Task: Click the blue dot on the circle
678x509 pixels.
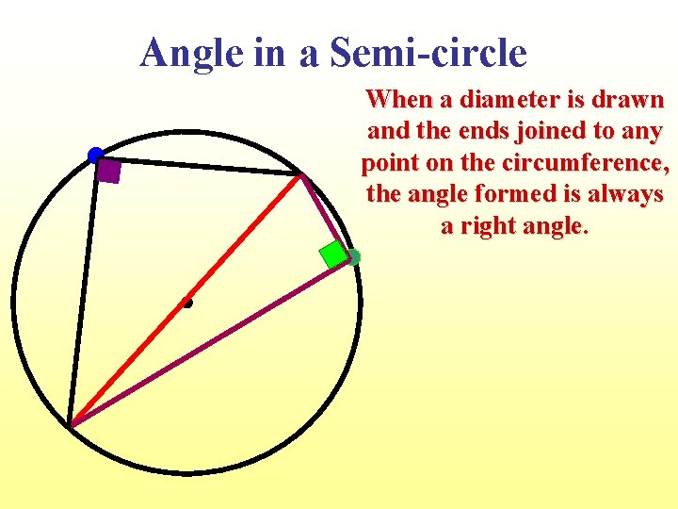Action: pyautogui.click(x=95, y=155)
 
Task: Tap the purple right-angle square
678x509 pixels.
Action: pyautogui.click(x=109, y=172)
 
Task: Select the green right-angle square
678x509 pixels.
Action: pyautogui.click(x=332, y=254)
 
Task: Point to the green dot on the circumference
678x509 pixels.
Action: pyautogui.click(x=353, y=256)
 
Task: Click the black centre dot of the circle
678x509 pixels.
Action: pyautogui.click(x=187, y=303)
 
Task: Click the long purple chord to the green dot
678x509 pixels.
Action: pyautogui.click(x=207, y=343)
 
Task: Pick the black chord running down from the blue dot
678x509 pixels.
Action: pyautogui.click(x=83, y=292)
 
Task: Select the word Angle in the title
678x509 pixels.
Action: pyautogui.click(x=191, y=53)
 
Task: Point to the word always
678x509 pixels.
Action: pyautogui.click(x=630, y=195)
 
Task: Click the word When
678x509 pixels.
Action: pyautogui.click(x=395, y=99)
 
